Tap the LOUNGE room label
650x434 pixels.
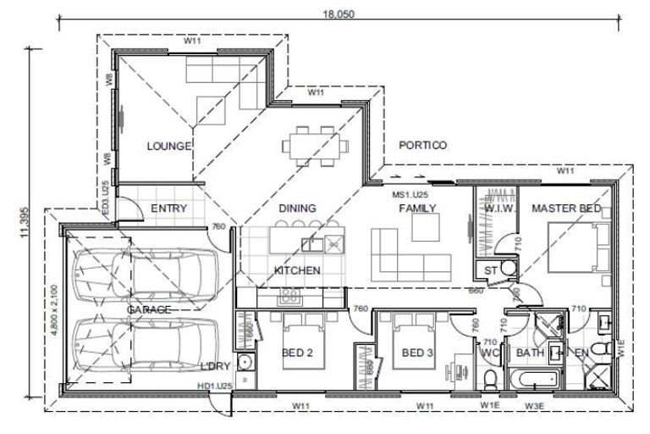(168, 146)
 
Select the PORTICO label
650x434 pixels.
(422, 145)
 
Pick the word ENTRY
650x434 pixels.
(168, 209)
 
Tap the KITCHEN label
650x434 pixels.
(296, 270)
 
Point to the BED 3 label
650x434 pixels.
(417, 353)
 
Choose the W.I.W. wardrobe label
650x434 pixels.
(498, 209)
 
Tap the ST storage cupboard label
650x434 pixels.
(490, 270)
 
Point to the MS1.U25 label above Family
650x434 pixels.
(409, 194)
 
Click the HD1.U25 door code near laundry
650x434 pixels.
(215, 387)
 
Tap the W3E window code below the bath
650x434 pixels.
(533, 407)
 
